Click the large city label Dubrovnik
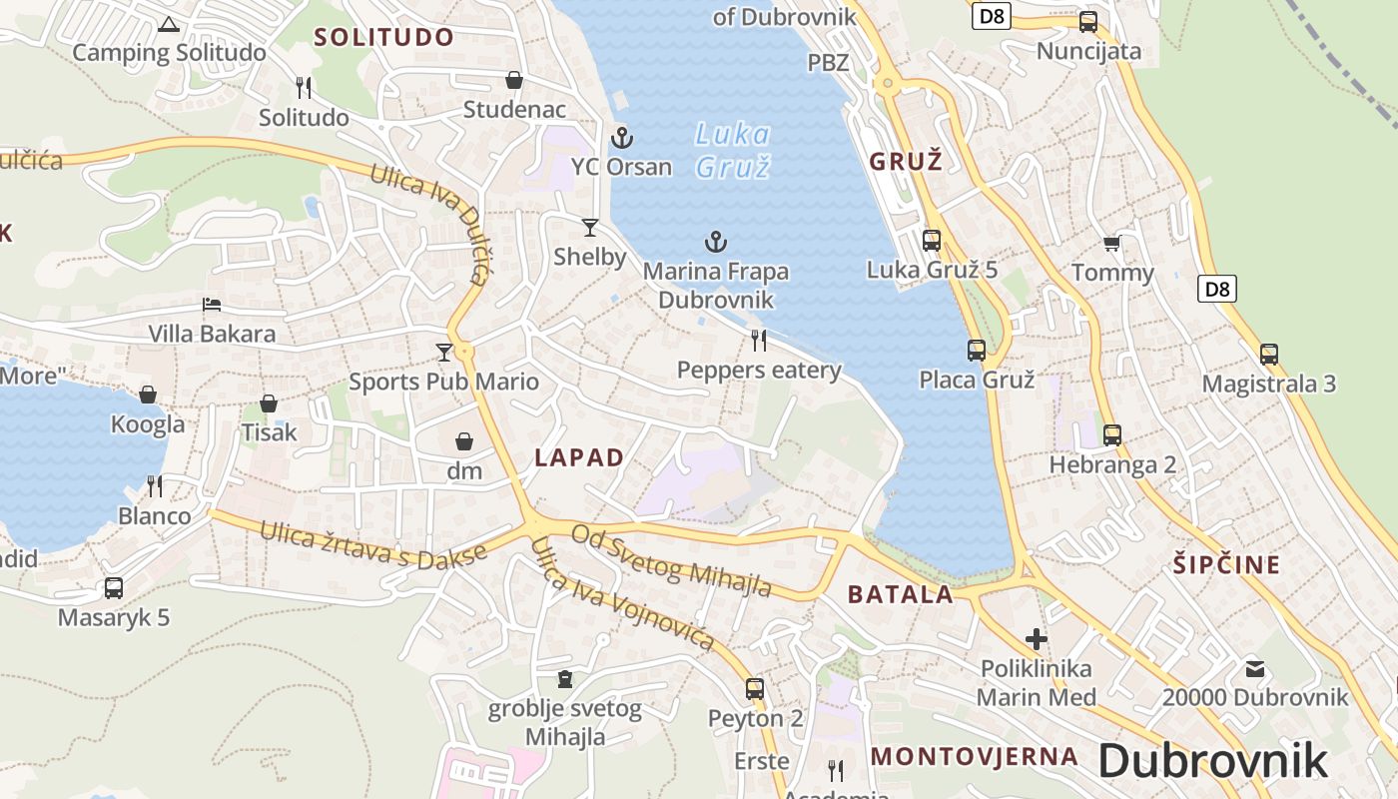(x=1213, y=761)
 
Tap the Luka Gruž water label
(x=733, y=150)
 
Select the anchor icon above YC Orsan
(x=622, y=137)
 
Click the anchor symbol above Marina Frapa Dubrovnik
(x=715, y=241)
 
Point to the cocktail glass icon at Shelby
(x=590, y=228)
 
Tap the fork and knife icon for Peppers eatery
(x=759, y=341)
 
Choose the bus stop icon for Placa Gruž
(x=977, y=351)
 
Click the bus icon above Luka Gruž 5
(x=932, y=240)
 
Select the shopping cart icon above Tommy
(x=1111, y=244)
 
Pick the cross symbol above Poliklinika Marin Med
(x=1037, y=638)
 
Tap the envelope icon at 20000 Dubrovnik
(x=1255, y=669)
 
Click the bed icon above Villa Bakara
(x=212, y=305)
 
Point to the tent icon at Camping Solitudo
(x=169, y=24)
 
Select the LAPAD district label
(x=579, y=457)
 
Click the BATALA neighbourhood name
(x=901, y=594)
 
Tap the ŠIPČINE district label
(x=1226, y=564)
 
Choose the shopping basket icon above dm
(x=464, y=441)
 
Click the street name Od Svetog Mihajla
(x=671, y=560)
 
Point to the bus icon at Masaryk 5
(x=114, y=588)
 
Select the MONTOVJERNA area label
(x=975, y=756)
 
